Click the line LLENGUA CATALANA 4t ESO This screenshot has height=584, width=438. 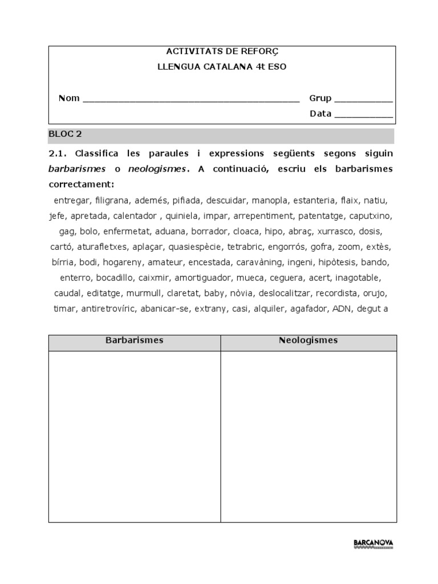click(222, 67)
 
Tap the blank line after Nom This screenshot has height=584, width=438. click(190, 99)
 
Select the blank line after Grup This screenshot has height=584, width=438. click(363, 99)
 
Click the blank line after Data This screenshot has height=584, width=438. click(363, 114)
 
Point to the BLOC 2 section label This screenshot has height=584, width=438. click(65, 135)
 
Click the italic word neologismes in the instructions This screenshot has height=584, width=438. click(158, 169)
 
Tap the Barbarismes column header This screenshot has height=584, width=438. click(135, 340)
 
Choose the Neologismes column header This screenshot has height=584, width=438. click(309, 340)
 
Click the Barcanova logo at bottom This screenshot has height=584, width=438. click(373, 543)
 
